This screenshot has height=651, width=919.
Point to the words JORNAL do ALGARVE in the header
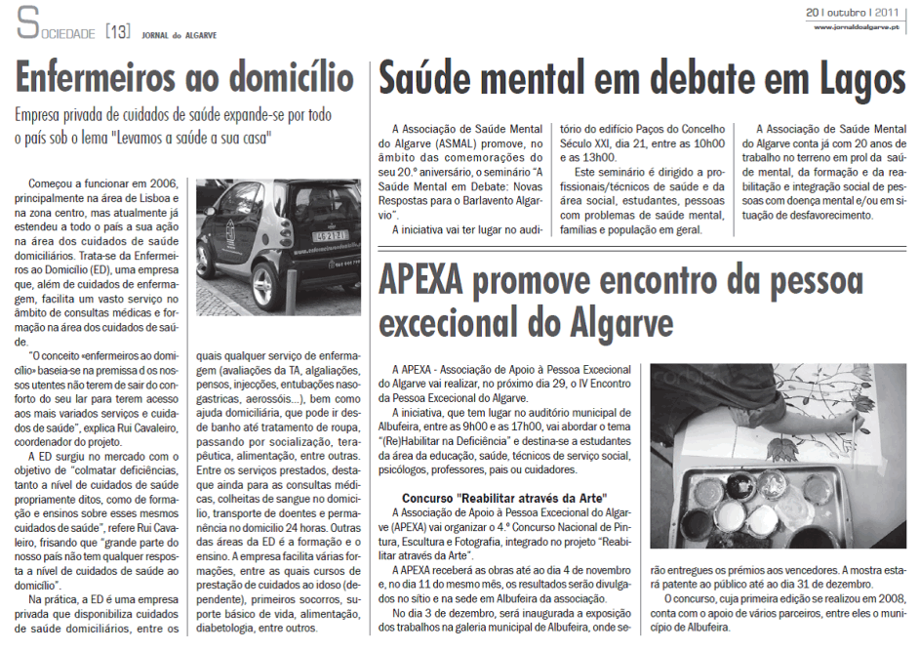pyautogui.click(x=176, y=34)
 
